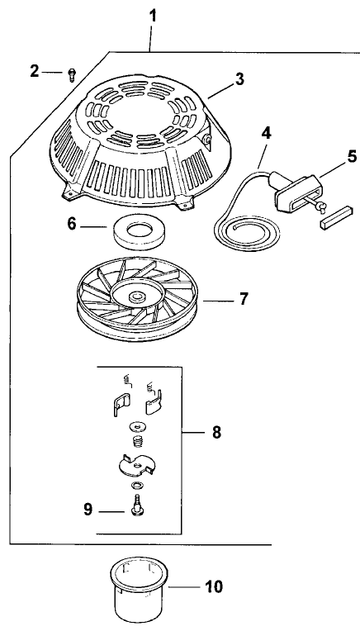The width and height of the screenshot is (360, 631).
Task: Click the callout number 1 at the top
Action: tap(151, 14)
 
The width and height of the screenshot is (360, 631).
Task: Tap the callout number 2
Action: tap(35, 72)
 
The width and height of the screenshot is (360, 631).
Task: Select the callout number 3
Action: tap(239, 79)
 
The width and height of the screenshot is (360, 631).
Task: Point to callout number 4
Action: tap(266, 131)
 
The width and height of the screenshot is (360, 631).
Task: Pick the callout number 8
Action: tap(216, 431)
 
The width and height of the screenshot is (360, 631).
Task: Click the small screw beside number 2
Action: tap(72, 76)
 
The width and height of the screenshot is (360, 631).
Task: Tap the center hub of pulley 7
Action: tap(135, 294)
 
